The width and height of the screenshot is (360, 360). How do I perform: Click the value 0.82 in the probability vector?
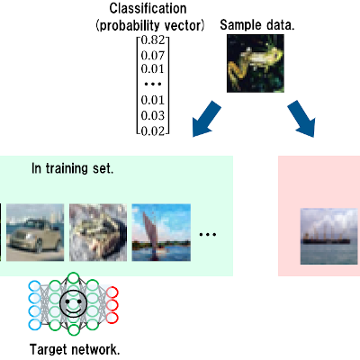[153, 40]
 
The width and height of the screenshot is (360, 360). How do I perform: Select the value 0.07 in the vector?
[153, 56]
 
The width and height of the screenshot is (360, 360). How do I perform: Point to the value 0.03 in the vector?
[153, 115]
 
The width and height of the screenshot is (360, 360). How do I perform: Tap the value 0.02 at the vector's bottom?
[153, 131]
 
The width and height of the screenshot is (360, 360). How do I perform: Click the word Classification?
[148, 8]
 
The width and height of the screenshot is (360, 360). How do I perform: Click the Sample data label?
[257, 25]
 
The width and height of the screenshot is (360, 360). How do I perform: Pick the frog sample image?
[256, 63]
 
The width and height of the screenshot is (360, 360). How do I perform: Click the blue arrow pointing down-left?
[207, 119]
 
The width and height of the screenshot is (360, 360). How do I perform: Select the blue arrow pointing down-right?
[301, 119]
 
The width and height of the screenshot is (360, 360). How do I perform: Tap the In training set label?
[73, 169]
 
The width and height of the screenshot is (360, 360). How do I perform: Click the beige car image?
[35, 232]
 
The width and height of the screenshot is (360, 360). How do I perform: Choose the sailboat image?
[161, 232]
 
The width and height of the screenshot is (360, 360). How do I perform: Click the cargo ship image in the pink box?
[329, 237]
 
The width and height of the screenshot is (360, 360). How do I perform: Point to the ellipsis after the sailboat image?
[208, 235]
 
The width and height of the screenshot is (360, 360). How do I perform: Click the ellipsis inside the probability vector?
[153, 85]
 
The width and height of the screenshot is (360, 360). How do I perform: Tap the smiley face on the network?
[74, 303]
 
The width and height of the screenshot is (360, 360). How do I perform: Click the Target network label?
[75, 350]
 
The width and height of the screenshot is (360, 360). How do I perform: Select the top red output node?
[112, 292]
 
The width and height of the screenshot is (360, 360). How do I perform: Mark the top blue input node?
[34, 285]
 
